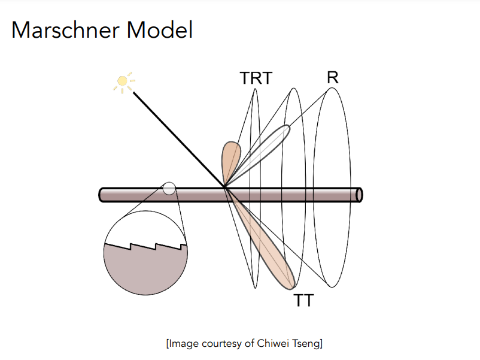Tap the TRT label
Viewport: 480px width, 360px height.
click(256, 78)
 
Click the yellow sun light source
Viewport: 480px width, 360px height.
click(123, 81)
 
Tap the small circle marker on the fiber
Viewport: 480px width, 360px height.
click(169, 189)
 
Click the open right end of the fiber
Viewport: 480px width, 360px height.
click(359, 195)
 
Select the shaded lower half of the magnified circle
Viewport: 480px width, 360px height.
click(145, 270)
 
